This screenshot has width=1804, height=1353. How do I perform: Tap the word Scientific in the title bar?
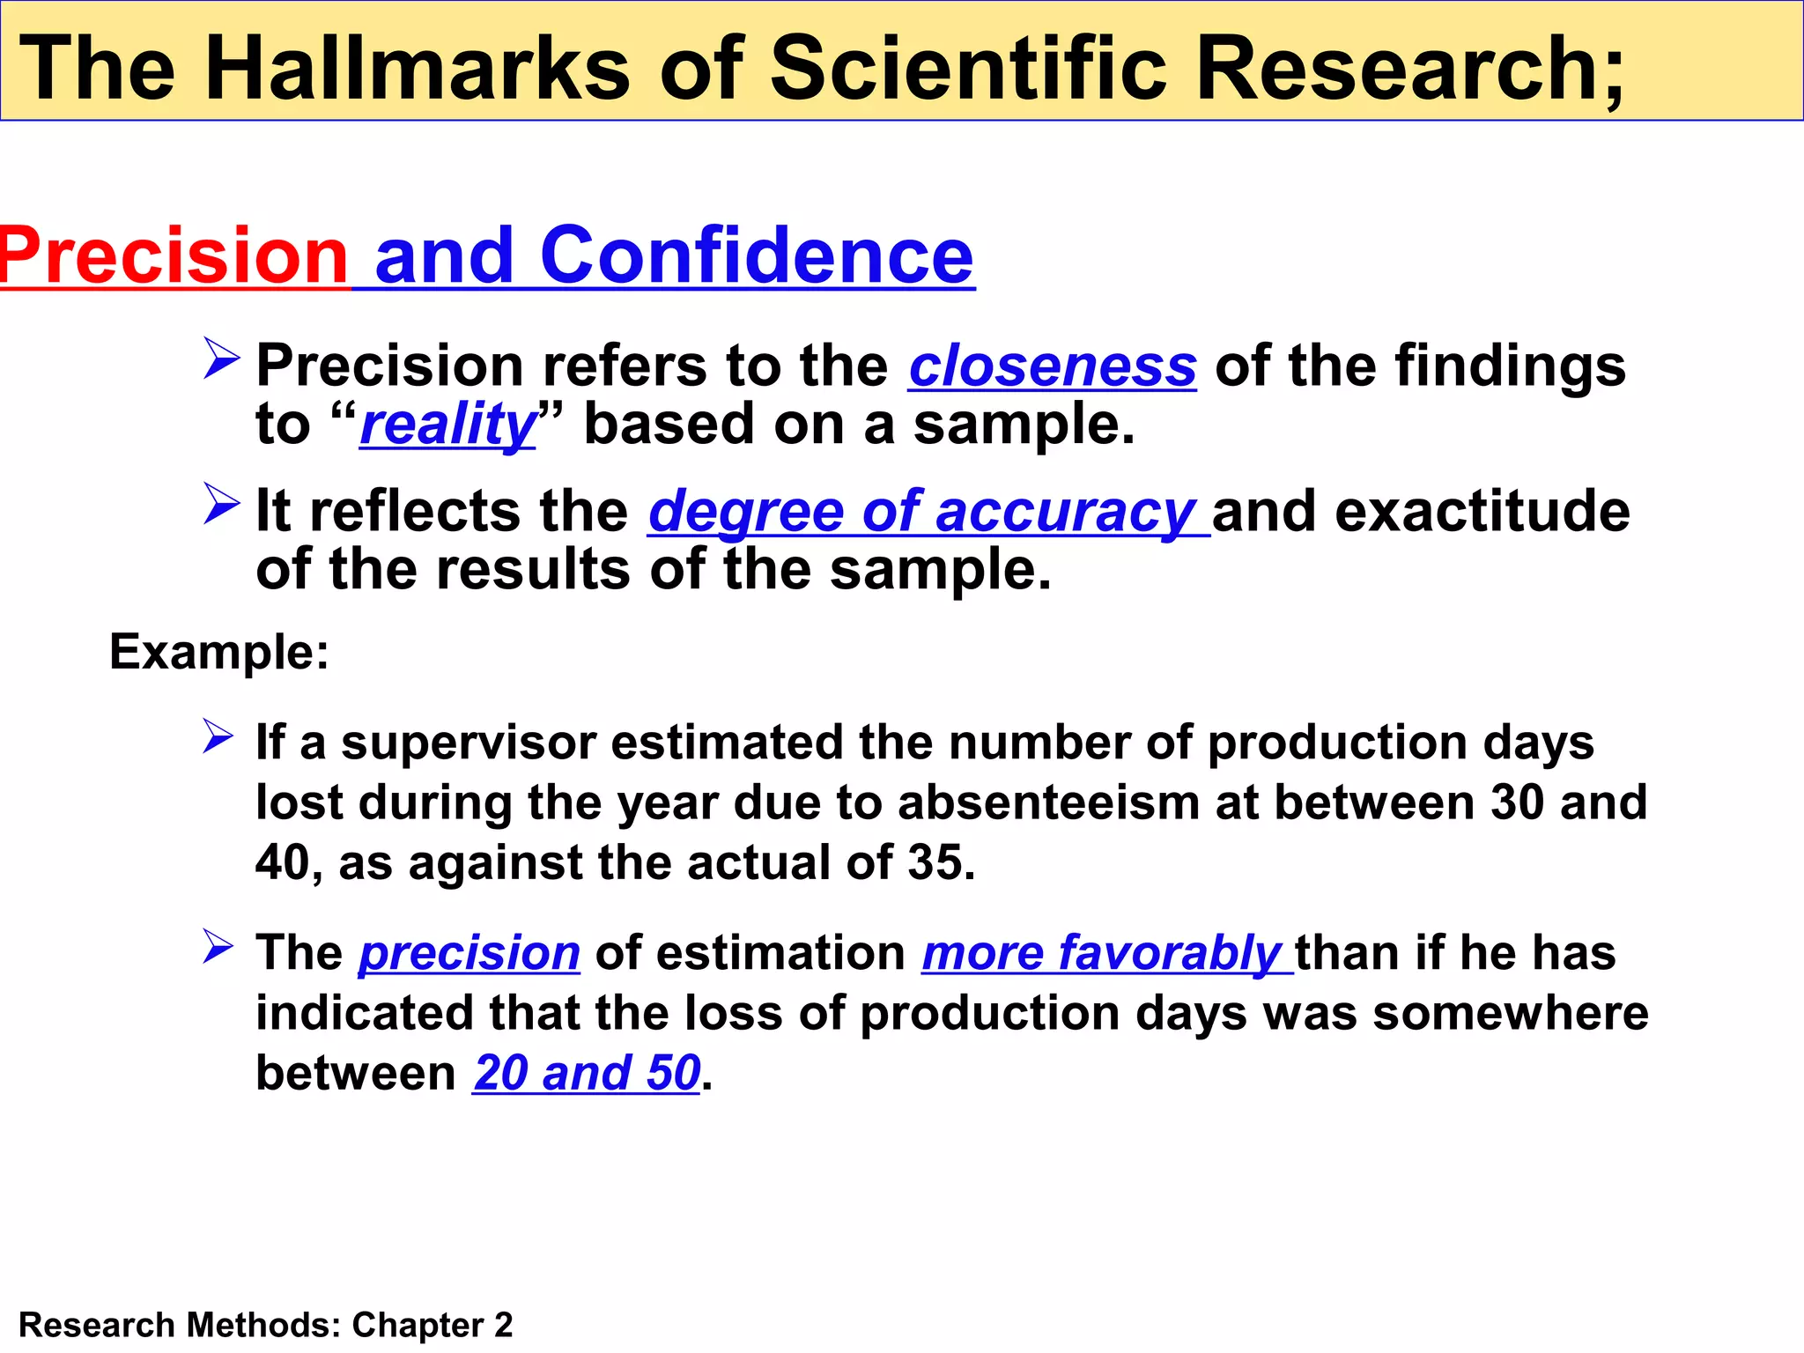[x=968, y=68]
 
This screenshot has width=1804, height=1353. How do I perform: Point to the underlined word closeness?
[x=1053, y=366]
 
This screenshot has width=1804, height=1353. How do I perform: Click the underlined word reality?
[x=447, y=425]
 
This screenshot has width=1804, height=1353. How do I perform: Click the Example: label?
[x=218, y=653]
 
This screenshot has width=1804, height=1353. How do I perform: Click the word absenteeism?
[x=1048, y=802]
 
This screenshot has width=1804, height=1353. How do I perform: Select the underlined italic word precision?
[x=469, y=954]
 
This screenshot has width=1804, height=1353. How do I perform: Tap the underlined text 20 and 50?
[x=587, y=1074]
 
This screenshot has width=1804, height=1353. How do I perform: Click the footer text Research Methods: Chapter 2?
[x=265, y=1325]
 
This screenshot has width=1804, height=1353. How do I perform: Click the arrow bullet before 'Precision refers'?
[x=220, y=359]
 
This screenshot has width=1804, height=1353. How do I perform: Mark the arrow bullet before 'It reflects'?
[x=220, y=503]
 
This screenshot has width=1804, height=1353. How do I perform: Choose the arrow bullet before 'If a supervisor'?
[x=218, y=736]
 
